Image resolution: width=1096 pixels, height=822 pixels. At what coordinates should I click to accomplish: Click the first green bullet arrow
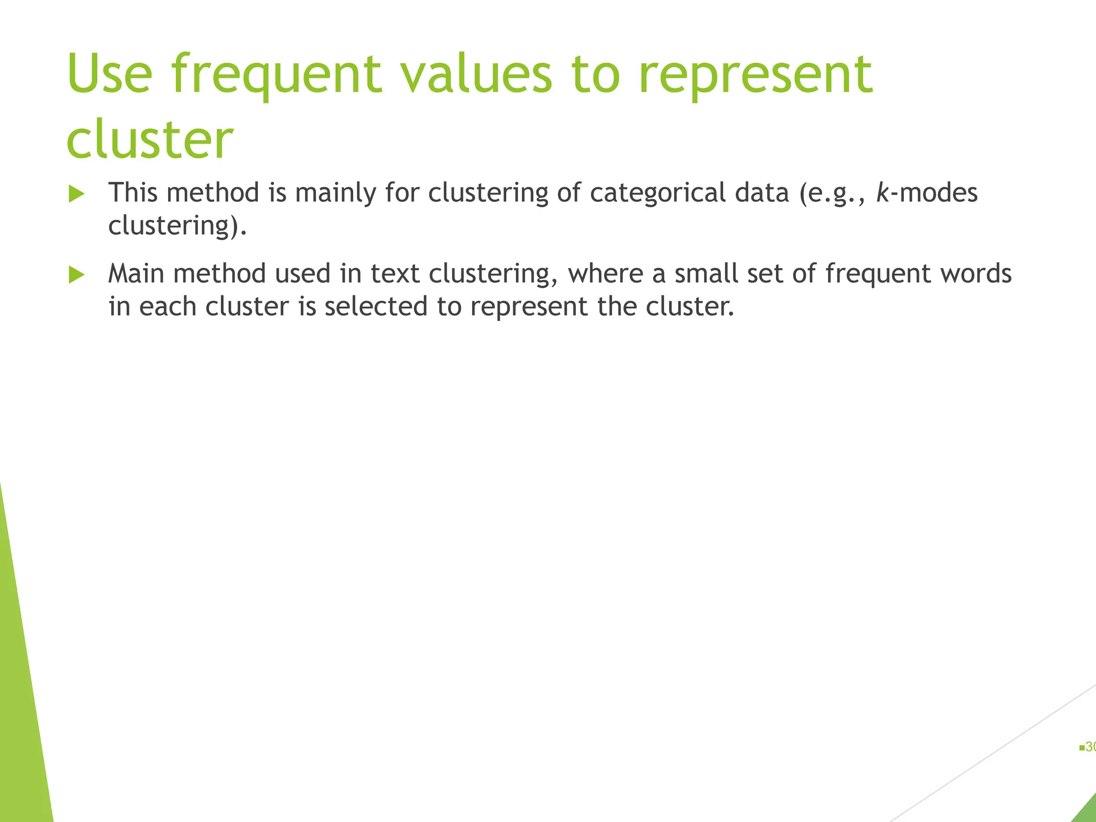[x=77, y=194]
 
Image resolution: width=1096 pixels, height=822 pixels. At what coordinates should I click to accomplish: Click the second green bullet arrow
[x=77, y=275]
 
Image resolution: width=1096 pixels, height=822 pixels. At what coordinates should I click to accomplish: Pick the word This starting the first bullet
[x=133, y=192]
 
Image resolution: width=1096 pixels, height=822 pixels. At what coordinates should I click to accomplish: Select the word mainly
[x=336, y=192]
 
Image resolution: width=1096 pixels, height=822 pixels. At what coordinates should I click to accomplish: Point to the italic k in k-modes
[x=882, y=192]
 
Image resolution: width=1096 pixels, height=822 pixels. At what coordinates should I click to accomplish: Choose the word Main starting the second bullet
[x=136, y=273]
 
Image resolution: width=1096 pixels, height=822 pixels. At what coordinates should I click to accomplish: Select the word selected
[x=376, y=307]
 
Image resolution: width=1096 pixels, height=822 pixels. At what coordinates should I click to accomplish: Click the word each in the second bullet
[x=168, y=307]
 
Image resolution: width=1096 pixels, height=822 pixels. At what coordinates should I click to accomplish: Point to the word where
[x=605, y=273]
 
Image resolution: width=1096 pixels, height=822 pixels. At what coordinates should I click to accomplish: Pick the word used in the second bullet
[x=302, y=273]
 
